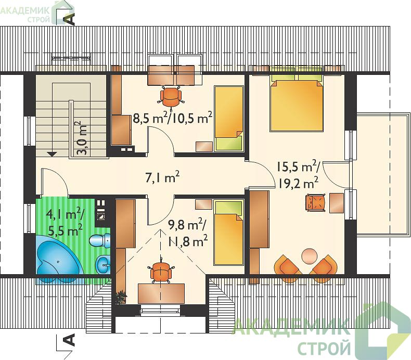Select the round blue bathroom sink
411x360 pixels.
(x=103, y=263)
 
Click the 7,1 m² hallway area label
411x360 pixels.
(x=162, y=177)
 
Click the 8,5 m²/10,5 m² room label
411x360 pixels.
(x=172, y=118)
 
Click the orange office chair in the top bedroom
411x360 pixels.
(x=171, y=97)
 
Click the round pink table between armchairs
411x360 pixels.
(x=310, y=255)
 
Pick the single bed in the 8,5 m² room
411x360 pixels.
(x=229, y=119)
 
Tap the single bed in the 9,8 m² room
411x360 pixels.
(x=228, y=233)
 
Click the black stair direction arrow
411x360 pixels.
(x=52, y=153)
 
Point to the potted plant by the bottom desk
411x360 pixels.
(x=121, y=297)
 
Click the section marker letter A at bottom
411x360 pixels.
(x=69, y=340)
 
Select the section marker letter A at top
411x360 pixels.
(x=70, y=19)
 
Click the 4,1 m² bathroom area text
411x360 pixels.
(x=65, y=215)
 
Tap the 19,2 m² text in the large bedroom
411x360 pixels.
(x=298, y=183)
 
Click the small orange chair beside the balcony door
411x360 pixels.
(x=316, y=202)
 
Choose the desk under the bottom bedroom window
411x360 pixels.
(x=161, y=293)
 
